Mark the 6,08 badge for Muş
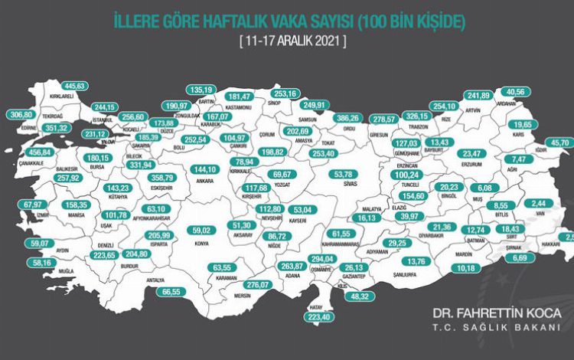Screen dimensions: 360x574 pos(485,188)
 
